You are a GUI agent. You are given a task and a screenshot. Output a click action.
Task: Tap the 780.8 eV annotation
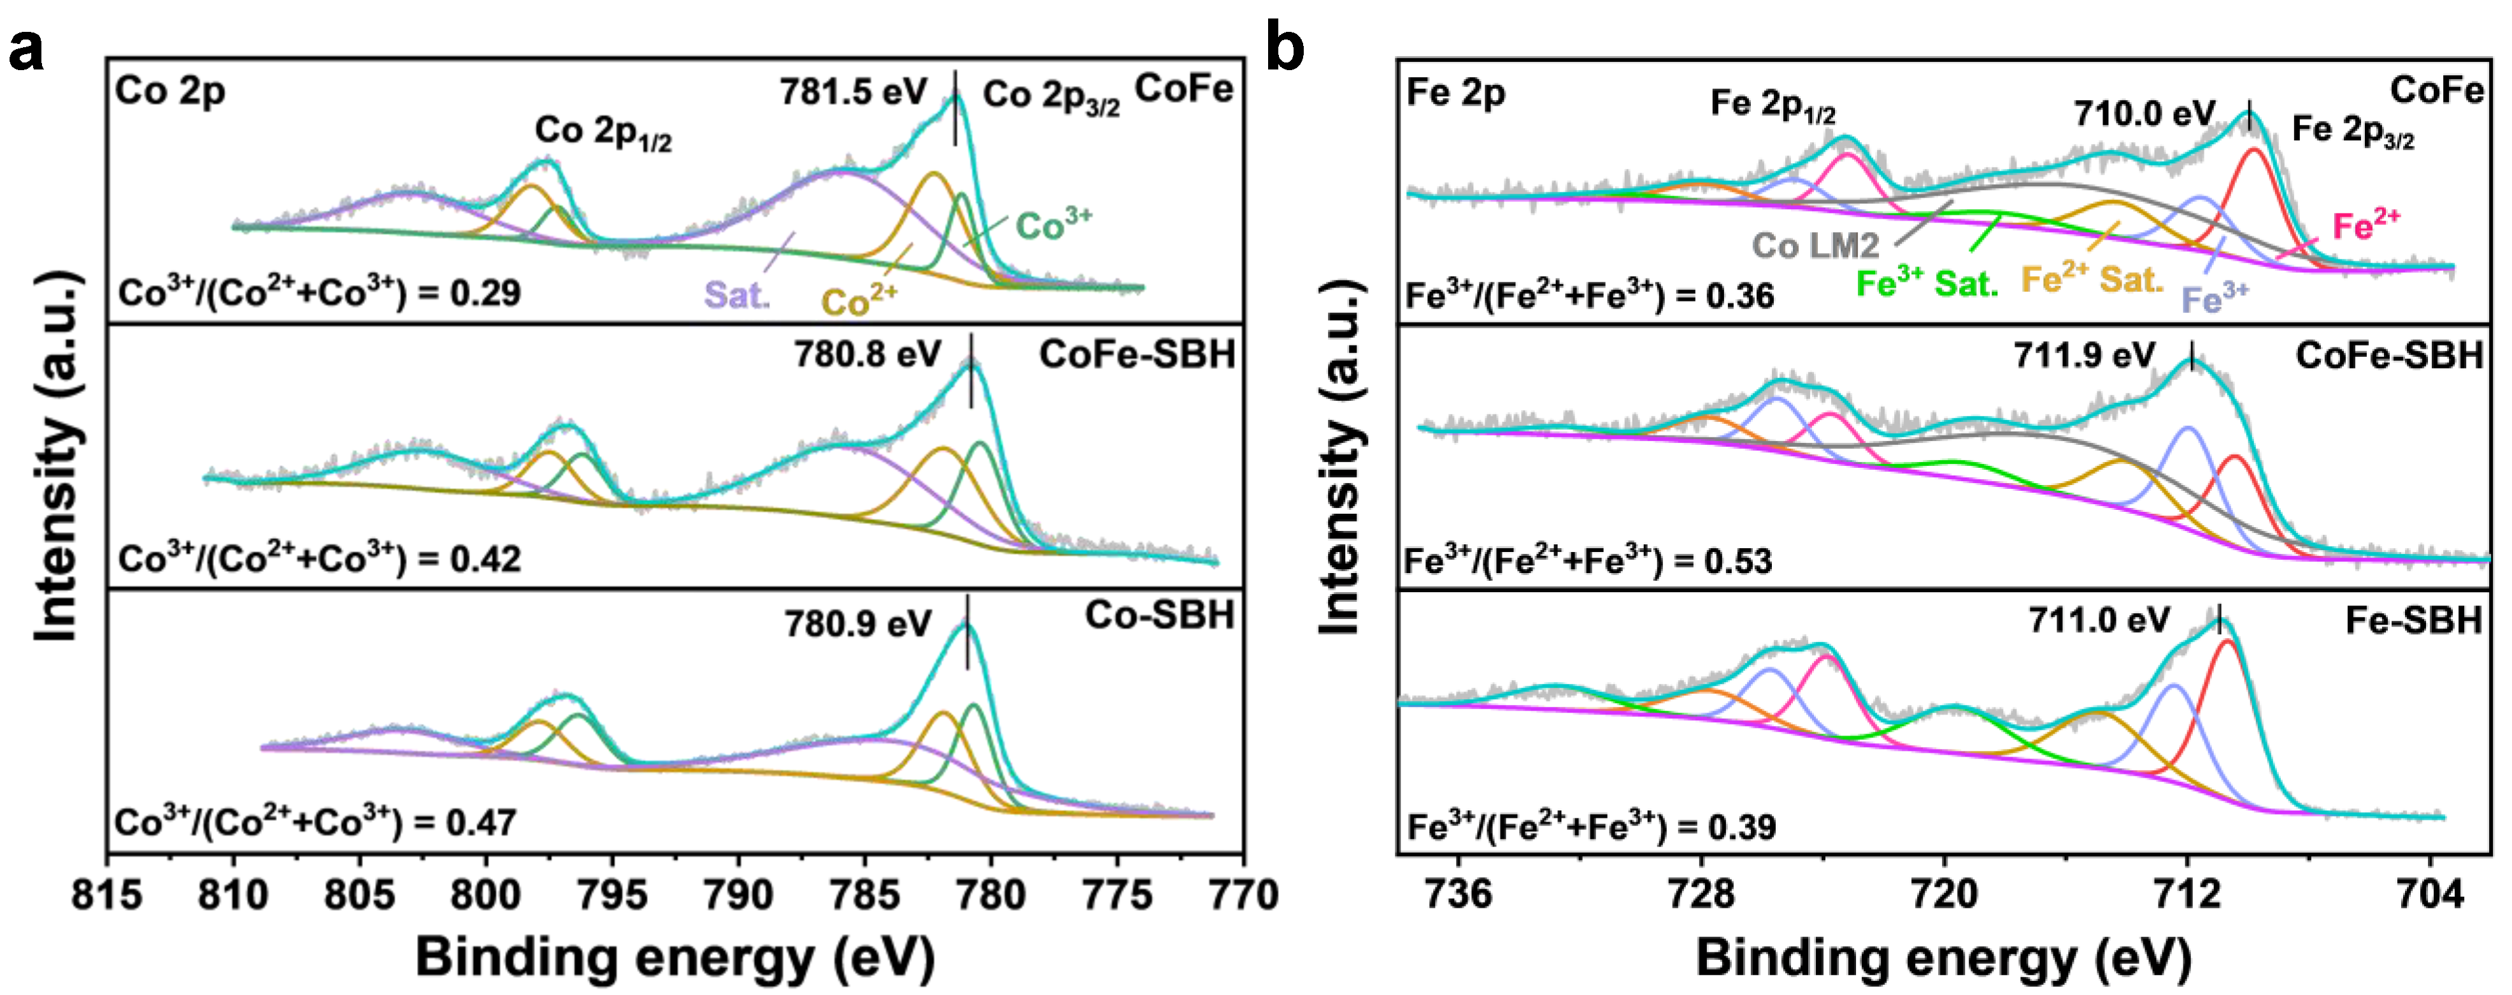tap(867, 354)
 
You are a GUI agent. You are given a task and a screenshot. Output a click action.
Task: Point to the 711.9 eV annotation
tap(2084, 355)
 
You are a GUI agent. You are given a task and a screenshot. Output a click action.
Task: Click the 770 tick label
tap(1243, 894)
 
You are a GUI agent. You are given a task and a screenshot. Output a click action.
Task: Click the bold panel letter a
tap(25, 49)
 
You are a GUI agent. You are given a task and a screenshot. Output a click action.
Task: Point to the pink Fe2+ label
tap(2366, 226)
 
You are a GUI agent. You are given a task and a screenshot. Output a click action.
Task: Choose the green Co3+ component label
tap(1053, 226)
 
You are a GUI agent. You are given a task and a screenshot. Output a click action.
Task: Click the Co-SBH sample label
tap(1159, 616)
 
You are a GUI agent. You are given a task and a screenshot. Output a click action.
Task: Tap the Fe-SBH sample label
tap(2413, 620)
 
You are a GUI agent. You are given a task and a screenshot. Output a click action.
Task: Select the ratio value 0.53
tap(1738, 562)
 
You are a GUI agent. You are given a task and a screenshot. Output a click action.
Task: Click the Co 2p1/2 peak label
tap(603, 132)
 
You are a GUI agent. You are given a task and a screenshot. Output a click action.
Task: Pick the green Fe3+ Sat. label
tap(1926, 284)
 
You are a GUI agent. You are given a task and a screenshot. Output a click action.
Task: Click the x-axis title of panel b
tap(1943, 958)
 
